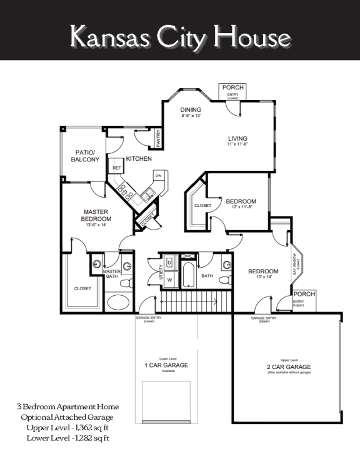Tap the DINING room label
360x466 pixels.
coord(191,110)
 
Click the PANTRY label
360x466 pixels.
coord(159,136)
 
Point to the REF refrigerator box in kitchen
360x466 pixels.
coord(116,169)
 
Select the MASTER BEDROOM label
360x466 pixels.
coord(96,215)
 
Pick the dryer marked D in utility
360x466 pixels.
coord(169,262)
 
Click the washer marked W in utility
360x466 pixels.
coord(169,280)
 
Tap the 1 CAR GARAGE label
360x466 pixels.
coord(166,365)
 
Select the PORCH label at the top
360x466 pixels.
coord(232,87)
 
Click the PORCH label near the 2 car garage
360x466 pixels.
coord(304,294)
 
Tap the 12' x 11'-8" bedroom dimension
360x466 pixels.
coord(241,207)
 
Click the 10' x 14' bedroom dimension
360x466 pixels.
coord(264,276)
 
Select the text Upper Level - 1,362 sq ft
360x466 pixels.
coord(68,428)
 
